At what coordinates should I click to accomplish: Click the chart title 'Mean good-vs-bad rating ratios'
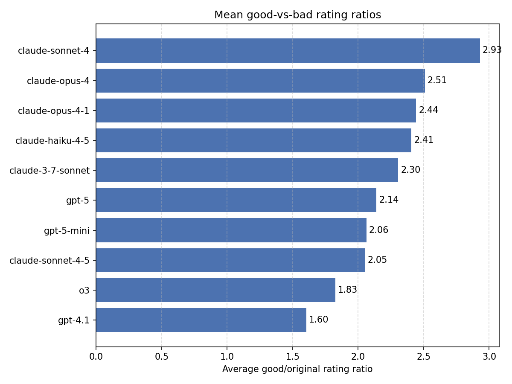(297, 15)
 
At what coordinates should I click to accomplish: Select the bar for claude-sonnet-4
(288, 50)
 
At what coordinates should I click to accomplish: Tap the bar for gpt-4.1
(201, 320)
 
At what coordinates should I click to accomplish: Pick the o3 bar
(215, 290)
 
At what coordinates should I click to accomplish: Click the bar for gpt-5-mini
(231, 230)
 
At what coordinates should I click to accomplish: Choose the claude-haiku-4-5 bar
(253, 140)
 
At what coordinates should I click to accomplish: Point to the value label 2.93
(492, 50)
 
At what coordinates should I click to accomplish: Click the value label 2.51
(437, 81)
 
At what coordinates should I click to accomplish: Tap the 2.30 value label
(410, 170)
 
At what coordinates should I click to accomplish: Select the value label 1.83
(347, 290)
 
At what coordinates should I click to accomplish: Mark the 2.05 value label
(377, 260)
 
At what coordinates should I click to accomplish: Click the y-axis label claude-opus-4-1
(54, 111)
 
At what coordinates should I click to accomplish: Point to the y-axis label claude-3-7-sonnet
(49, 171)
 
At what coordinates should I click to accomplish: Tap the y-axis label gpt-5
(78, 201)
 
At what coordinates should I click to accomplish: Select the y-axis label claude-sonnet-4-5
(49, 261)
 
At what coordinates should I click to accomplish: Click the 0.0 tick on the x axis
(96, 355)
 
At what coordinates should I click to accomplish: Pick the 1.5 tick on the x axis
(292, 355)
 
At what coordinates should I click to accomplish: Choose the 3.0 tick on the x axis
(489, 355)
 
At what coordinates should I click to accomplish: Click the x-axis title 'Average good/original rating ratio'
(297, 369)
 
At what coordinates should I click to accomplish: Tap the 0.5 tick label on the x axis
(161, 355)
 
